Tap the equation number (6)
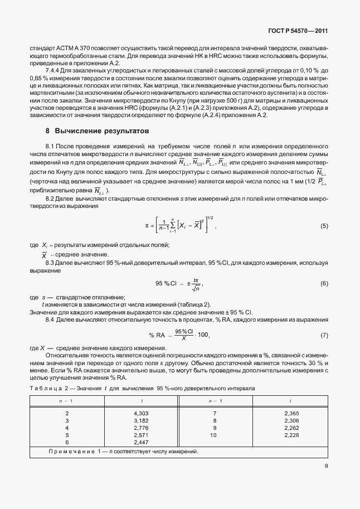[x=324, y=284]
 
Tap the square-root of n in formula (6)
[x=196, y=288]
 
